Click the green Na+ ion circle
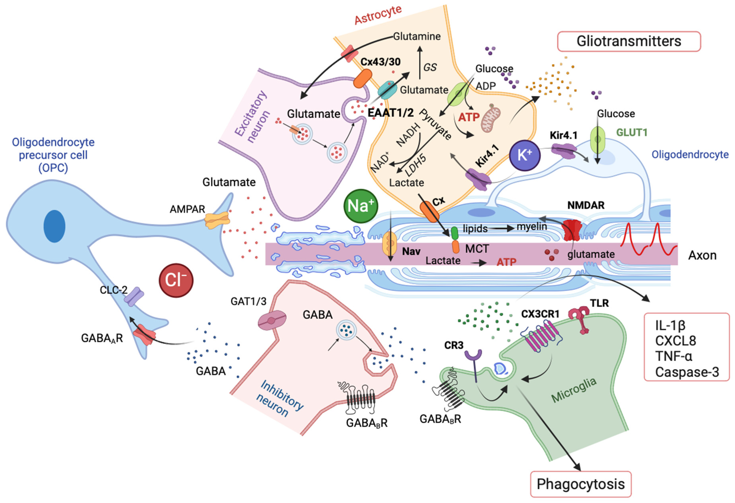click(361, 206)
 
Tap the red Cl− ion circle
click(176, 280)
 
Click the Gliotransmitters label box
click(629, 41)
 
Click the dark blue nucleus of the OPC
click(54, 226)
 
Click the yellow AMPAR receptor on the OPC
click(217, 220)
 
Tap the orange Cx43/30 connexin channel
click(363, 78)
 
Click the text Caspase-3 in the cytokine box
click(687, 372)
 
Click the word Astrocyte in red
click(378, 15)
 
